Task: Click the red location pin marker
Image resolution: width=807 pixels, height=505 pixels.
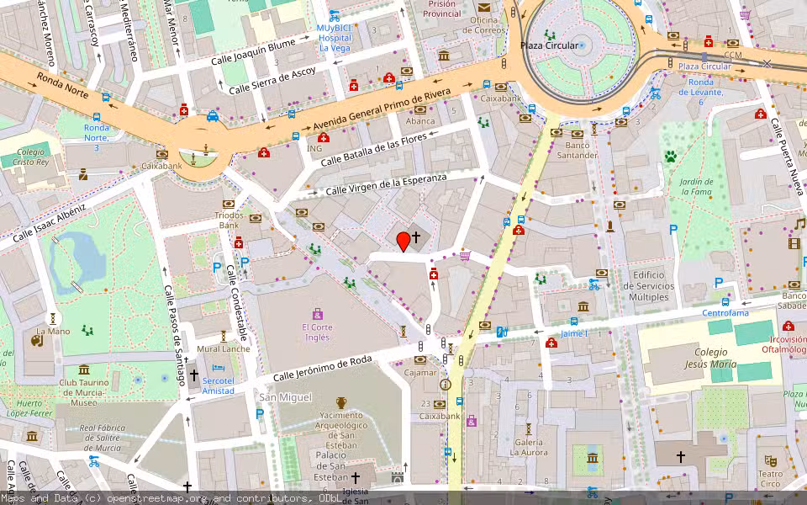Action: point(403,242)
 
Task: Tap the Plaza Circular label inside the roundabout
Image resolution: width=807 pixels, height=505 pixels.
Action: point(549,45)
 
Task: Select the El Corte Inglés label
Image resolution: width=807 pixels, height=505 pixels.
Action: point(317,332)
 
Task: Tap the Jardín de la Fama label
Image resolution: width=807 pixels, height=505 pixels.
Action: point(696,187)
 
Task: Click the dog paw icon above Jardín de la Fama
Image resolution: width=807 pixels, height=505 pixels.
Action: point(671,156)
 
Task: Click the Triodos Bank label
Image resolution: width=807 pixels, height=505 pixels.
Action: point(229,220)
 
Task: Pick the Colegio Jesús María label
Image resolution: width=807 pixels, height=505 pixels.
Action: point(703,358)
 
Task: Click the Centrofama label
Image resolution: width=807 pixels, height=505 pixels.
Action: point(725,313)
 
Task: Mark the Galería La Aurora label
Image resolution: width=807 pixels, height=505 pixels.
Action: point(529,447)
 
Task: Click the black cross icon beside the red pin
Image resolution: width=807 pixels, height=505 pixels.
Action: point(415,239)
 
